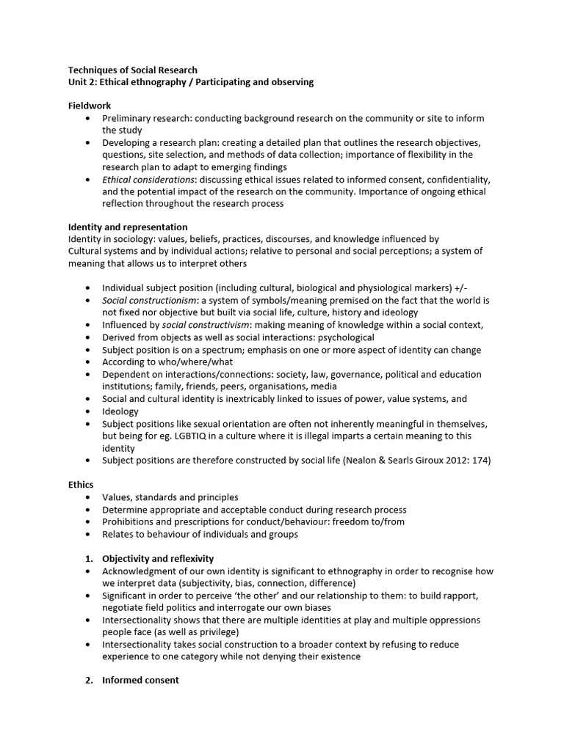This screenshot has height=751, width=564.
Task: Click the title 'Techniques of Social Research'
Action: (133, 70)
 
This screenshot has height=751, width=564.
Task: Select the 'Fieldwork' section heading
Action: (90, 106)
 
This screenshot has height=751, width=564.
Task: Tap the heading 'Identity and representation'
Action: (128, 227)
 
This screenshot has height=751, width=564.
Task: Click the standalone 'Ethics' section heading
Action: (81, 485)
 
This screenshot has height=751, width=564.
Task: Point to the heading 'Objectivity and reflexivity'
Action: (158, 559)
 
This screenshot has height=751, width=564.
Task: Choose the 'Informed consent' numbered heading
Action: (140, 680)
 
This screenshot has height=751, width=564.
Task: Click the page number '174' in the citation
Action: (474, 461)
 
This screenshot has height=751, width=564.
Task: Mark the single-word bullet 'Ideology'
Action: (120, 411)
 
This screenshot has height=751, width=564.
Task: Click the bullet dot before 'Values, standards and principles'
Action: (89, 497)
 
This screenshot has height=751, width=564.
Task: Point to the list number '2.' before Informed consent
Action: (89, 680)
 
